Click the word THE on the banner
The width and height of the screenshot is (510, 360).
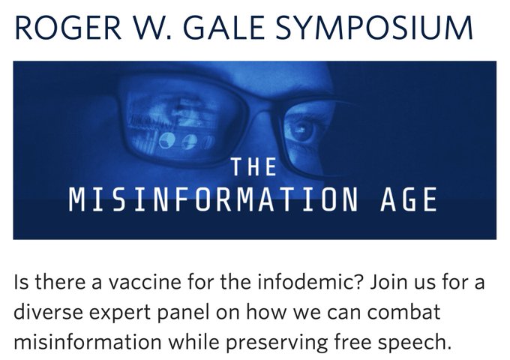click(x=254, y=166)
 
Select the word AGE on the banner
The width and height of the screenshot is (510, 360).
click(x=409, y=199)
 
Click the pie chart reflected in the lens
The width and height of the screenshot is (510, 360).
click(x=166, y=141)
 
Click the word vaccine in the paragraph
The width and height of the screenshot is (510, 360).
click(x=145, y=282)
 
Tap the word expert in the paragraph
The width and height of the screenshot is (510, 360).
click(x=120, y=313)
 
